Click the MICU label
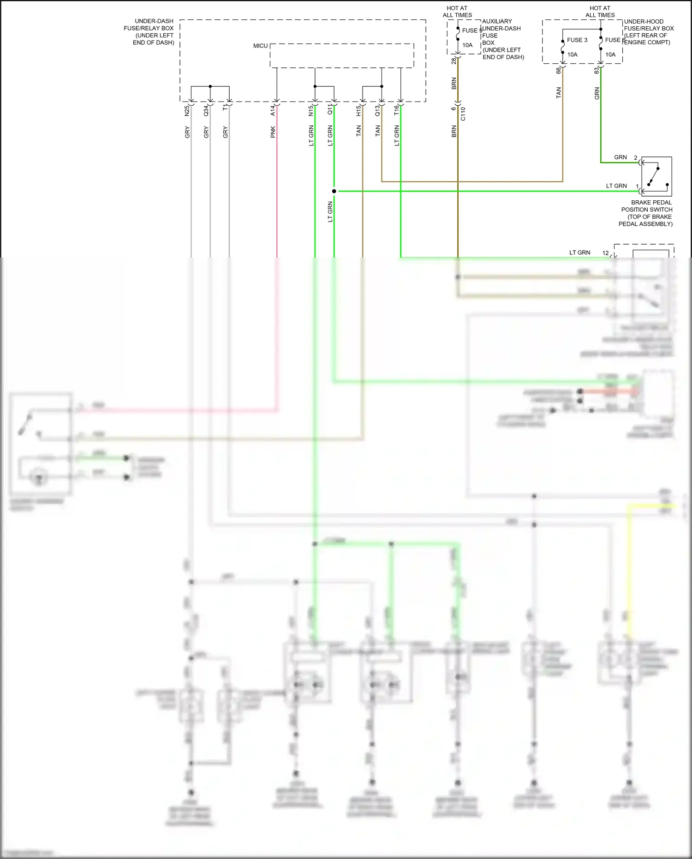pyautogui.click(x=260, y=46)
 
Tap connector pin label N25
pyautogui.click(x=187, y=111)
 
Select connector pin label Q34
pyautogui.click(x=206, y=111)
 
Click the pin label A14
pyautogui.click(x=273, y=110)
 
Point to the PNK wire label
pyautogui.click(x=273, y=132)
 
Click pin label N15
pyautogui.click(x=311, y=111)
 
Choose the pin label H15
pyautogui.click(x=358, y=111)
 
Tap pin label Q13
pyautogui.click(x=377, y=111)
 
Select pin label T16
pyautogui.click(x=396, y=110)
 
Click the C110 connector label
pyautogui.click(x=463, y=114)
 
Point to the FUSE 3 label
pyautogui.click(x=577, y=40)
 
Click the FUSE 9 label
pyautogui.click(x=471, y=30)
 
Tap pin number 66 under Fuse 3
pyautogui.click(x=558, y=71)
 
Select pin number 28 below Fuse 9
pyautogui.click(x=454, y=60)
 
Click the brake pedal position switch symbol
pyautogui.click(x=656, y=177)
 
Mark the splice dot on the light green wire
pyautogui.click(x=334, y=191)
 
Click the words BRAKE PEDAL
pyautogui.click(x=651, y=203)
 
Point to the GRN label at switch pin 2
pyautogui.click(x=620, y=157)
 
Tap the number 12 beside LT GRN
pyautogui.click(x=605, y=253)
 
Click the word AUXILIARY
pyautogui.click(x=497, y=21)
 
